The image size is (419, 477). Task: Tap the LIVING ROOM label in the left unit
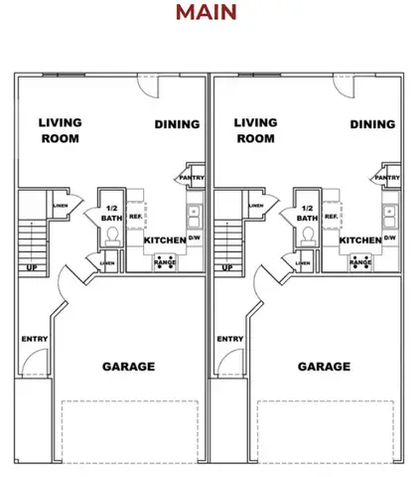60,130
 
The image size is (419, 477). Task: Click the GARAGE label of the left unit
129,367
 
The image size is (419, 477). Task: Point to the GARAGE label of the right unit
324,367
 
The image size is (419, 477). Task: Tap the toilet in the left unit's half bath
112,235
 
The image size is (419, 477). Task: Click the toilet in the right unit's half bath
307,235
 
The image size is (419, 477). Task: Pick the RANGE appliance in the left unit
164,263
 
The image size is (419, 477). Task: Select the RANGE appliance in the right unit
358,263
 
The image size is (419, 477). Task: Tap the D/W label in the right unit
389,238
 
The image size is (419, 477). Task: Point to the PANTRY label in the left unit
191,179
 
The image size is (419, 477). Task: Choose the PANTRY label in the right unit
386,179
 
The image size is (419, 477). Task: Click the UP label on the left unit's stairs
32,268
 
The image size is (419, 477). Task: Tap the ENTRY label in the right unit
229,340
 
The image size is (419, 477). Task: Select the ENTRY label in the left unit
34,340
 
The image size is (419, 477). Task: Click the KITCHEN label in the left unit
164,240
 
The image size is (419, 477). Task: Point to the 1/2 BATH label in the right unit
307,213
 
